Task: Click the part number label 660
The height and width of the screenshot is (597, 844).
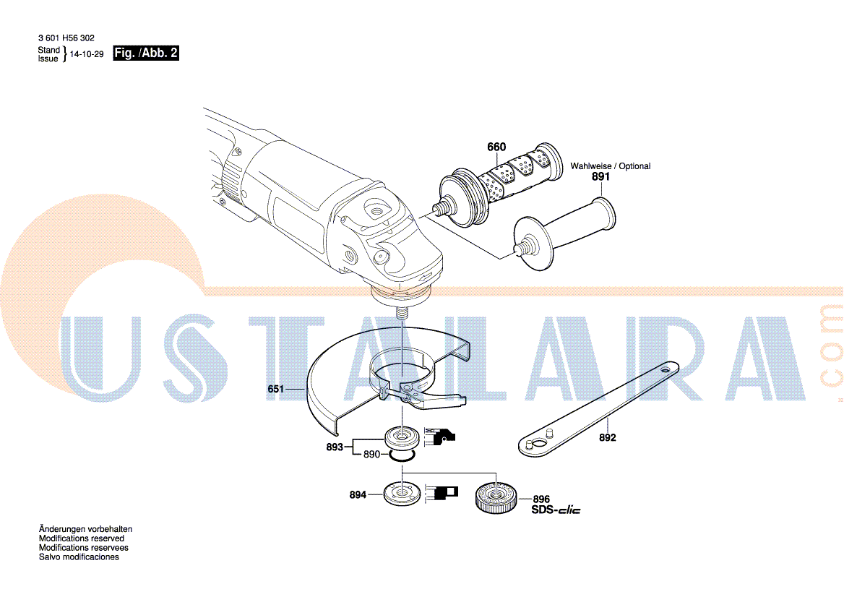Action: (x=496, y=147)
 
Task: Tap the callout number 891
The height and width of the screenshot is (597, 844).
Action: (x=600, y=176)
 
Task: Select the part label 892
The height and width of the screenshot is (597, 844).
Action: (x=607, y=438)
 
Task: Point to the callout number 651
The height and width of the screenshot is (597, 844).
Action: (x=275, y=389)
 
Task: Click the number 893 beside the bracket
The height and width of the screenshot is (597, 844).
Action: (x=335, y=447)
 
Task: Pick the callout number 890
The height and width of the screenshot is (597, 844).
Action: (x=371, y=455)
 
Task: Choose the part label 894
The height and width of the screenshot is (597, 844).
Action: (x=358, y=494)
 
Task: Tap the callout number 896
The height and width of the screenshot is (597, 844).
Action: (x=541, y=499)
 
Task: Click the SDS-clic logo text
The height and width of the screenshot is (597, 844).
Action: (x=556, y=510)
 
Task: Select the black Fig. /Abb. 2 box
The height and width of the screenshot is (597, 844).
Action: (x=146, y=53)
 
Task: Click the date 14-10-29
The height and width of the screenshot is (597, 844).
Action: (x=87, y=54)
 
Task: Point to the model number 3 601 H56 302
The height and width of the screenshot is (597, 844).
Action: (x=66, y=38)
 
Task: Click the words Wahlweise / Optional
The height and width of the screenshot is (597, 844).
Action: (x=611, y=166)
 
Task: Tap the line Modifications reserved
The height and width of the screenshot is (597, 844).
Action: (x=81, y=538)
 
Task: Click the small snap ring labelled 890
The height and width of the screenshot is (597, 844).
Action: (x=402, y=457)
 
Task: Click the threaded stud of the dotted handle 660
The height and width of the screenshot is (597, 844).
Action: (x=442, y=207)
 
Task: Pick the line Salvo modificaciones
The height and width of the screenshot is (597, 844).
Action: (x=79, y=557)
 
